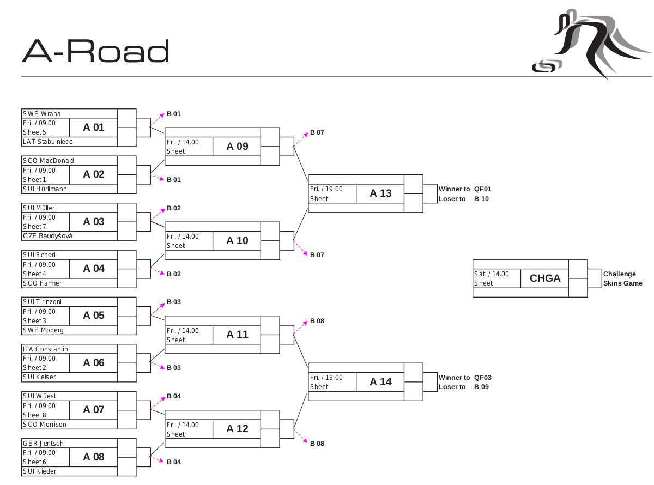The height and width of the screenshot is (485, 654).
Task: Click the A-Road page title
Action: pos(95,52)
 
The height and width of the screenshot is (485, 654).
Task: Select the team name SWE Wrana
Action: pos(42,114)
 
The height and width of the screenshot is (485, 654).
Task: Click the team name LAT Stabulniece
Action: pos(48,142)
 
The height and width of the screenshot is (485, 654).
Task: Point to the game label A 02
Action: pos(94,174)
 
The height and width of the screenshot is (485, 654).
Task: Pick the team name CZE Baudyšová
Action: pos(48,236)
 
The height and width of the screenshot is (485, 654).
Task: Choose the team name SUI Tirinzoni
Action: pos(43,302)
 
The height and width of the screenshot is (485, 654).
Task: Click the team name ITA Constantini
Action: pos(46,349)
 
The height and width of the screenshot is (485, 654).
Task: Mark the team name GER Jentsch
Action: pos(43,444)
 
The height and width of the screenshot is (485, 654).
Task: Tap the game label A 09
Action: pos(237,146)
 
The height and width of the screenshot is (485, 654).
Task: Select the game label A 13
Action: pos(380,193)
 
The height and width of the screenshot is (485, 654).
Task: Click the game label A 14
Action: pos(380,382)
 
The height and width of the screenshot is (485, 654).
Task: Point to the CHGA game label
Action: pos(545,278)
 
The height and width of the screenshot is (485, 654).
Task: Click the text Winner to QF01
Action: pos(465,189)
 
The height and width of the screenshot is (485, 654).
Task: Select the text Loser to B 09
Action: pos(464,387)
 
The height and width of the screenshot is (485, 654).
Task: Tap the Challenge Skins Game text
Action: pos(622,278)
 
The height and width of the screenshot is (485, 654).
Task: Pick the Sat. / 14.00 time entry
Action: pos(492,274)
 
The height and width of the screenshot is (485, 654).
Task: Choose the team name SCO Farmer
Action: pos(43,283)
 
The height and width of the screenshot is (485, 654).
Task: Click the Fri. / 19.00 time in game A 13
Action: pos(326,189)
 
